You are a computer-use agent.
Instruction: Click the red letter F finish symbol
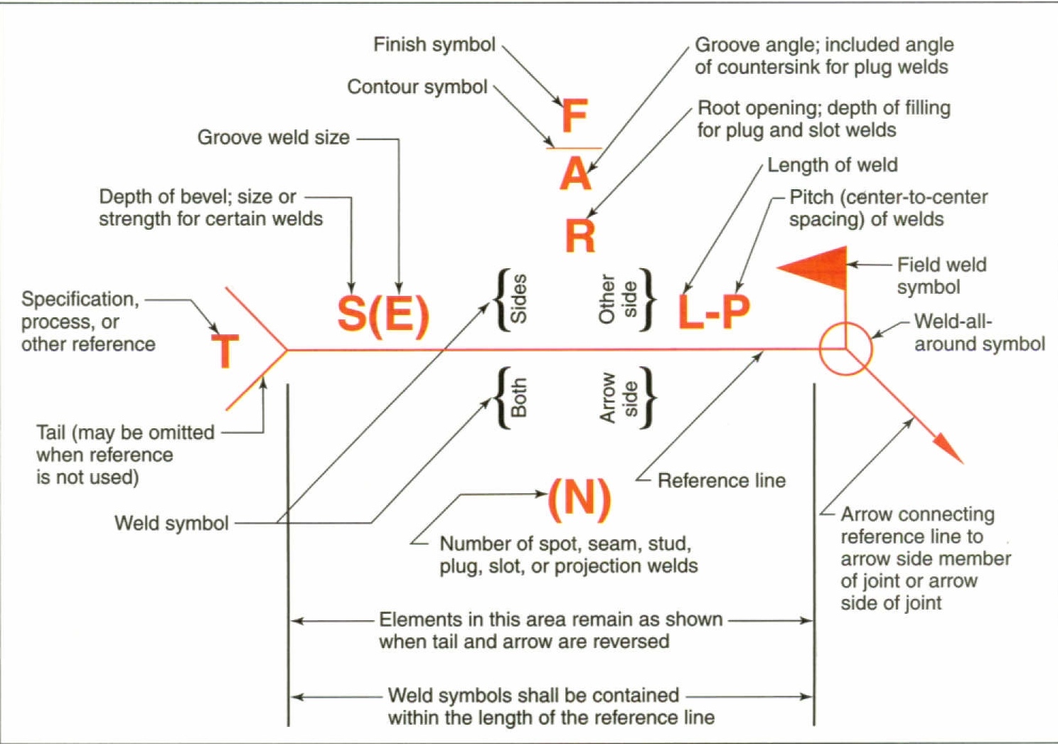tap(575, 117)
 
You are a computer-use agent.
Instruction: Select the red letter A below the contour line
tap(575, 174)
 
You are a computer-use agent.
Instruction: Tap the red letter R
tap(580, 236)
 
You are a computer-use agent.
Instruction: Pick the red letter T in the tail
tap(225, 351)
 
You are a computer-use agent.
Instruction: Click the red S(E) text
tap(383, 314)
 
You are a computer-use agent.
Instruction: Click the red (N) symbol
tap(579, 498)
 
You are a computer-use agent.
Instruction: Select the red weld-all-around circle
tap(845, 349)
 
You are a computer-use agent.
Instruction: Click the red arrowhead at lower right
tap(948, 449)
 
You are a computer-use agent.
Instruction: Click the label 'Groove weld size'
tap(274, 137)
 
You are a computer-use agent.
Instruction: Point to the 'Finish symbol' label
tap(434, 45)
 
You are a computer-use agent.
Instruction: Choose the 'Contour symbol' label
tap(417, 87)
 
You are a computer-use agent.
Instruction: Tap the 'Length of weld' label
tap(832, 165)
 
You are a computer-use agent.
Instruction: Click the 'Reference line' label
tap(722, 481)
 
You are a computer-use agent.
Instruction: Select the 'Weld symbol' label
tap(171, 524)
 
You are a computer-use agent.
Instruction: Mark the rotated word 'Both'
tap(519, 398)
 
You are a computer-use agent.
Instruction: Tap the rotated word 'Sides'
tap(519, 299)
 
